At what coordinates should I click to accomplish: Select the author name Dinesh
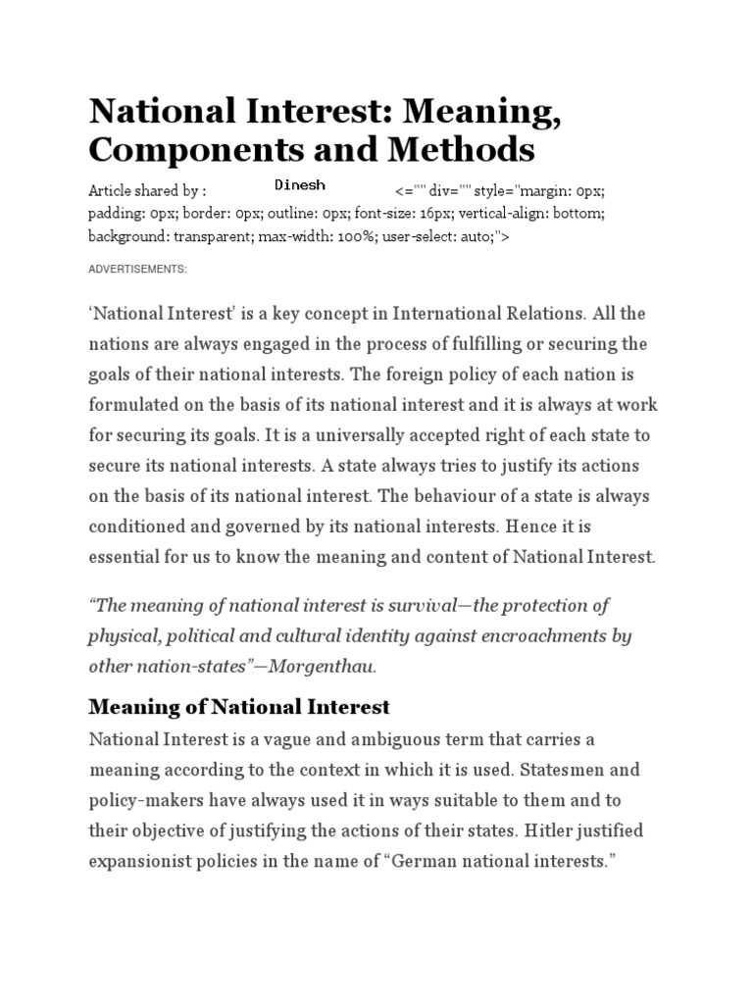coord(300,184)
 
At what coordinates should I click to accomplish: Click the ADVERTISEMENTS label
coord(137,269)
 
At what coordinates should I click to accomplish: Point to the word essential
coord(125,557)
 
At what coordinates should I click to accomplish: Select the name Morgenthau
coord(327,666)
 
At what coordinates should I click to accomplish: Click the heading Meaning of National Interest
coord(239,707)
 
